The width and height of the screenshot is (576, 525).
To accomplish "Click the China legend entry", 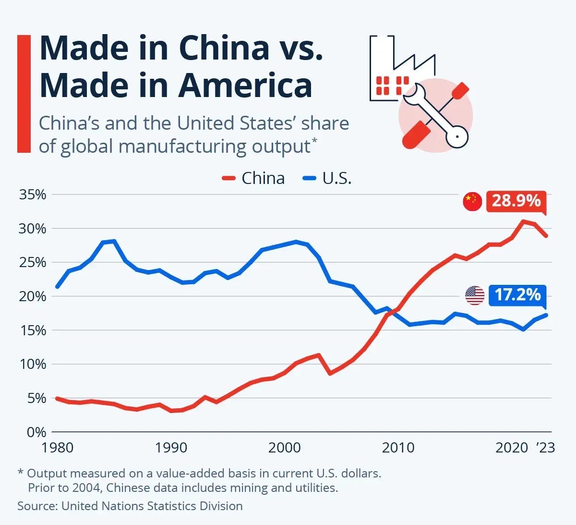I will [253, 178].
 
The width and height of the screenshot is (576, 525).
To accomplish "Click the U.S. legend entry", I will [327, 178].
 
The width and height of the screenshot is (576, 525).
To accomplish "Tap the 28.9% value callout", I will [516, 200].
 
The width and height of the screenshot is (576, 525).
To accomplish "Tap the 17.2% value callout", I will [517, 294].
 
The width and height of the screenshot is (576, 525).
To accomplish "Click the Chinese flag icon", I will [472, 201].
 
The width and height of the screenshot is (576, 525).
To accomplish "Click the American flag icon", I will [475, 295].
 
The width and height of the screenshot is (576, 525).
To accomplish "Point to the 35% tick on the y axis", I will [33, 195].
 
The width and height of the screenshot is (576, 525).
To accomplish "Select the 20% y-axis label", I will [33, 296].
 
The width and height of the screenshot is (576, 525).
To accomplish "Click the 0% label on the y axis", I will [36, 432].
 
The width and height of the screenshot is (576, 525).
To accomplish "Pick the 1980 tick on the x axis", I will [58, 448].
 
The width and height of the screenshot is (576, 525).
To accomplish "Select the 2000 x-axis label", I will [284, 448].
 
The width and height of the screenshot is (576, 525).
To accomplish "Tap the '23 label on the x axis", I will [545, 448].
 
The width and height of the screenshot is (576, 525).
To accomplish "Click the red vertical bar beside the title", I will [24, 94].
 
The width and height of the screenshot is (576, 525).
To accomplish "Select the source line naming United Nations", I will [130, 506].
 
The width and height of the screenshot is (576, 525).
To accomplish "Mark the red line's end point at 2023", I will [546, 236].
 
